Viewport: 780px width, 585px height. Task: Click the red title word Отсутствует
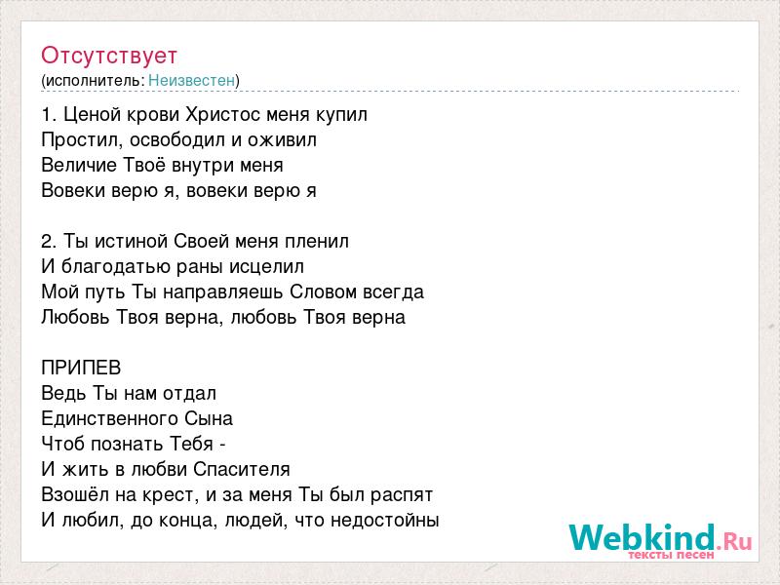pyautogui.click(x=109, y=56)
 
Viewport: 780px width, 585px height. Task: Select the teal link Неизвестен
pyautogui.click(x=191, y=80)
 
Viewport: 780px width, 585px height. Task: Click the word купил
pyautogui.click(x=342, y=115)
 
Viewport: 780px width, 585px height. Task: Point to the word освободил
pyautogui.click(x=176, y=139)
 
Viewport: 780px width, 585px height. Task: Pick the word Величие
pyautogui.click(x=79, y=165)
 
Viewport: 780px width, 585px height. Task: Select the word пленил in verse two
pyautogui.click(x=316, y=241)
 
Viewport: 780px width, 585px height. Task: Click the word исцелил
pyautogui.click(x=266, y=267)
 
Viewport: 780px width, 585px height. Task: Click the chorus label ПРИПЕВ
pyautogui.click(x=81, y=368)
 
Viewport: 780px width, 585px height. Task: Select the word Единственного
pyautogui.click(x=109, y=418)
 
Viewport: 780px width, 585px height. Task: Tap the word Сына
pyautogui.click(x=209, y=418)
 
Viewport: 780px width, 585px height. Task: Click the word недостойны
pyautogui.click(x=384, y=521)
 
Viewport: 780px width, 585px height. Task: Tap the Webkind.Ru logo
pyautogui.click(x=660, y=541)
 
